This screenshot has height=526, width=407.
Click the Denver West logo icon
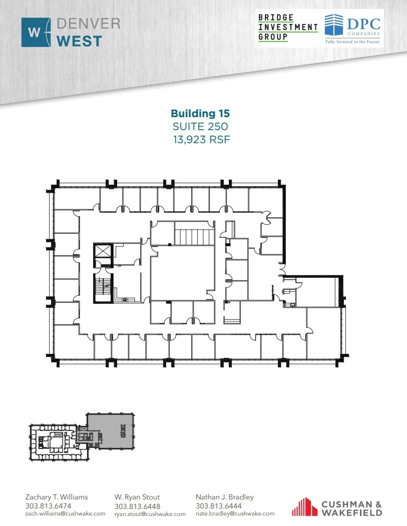coord(36,33)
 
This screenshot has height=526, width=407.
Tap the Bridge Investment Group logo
coord(287,28)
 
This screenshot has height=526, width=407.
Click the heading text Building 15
coord(200,114)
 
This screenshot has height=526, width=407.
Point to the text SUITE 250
coord(200,127)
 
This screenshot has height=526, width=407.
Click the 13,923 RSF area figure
coord(201,140)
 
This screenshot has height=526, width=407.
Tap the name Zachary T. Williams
coord(57,497)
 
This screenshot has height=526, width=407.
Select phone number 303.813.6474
coord(48,506)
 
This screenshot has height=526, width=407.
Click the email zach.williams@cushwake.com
coord(65,513)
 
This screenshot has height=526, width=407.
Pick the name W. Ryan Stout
coord(137,497)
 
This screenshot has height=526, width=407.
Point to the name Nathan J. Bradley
coord(225,497)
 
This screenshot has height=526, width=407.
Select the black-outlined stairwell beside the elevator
coord(104,288)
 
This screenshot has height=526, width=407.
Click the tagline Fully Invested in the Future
coord(352,42)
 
